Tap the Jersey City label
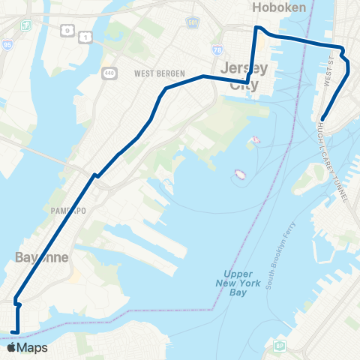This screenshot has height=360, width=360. (x=244, y=76)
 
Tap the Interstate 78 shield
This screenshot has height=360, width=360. (x=217, y=50)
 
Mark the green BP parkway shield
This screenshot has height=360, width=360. (x=279, y=346)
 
